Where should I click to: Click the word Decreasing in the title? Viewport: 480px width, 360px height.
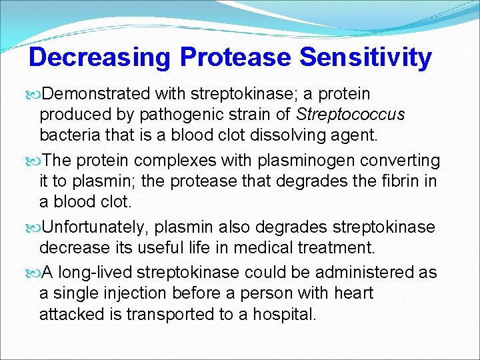click(x=100, y=57)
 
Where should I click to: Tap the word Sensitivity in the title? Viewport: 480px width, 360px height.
click(x=365, y=57)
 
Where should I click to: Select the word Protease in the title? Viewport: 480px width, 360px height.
click(x=236, y=57)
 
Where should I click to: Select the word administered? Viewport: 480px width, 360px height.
click(x=351, y=273)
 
